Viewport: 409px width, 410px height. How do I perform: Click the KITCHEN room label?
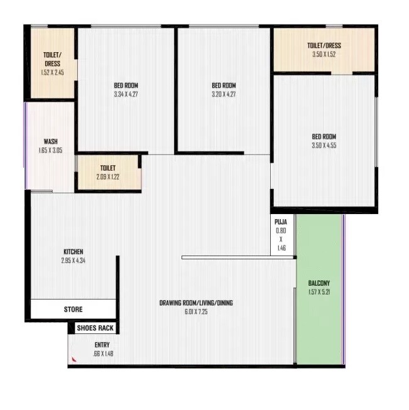pos(73,252)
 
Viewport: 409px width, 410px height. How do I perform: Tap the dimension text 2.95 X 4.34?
pos(73,260)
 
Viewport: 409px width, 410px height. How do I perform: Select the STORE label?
pos(73,310)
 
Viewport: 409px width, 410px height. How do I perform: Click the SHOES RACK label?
pos(95,328)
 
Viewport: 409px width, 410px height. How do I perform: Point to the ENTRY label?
pos(102,345)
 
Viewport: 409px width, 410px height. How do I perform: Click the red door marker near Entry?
pos(74,359)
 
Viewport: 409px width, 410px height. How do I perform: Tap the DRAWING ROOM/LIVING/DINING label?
pos(196,303)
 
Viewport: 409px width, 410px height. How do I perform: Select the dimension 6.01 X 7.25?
pos(196,311)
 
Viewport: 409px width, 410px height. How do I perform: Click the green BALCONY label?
pos(319,283)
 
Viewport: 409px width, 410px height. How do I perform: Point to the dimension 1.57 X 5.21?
pos(319,291)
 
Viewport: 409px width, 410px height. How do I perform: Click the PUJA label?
pos(281,222)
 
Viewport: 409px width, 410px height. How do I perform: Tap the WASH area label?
pos(50,141)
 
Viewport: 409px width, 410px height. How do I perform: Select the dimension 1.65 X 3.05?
pos(50,150)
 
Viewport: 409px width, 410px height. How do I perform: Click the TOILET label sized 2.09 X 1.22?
pos(107,168)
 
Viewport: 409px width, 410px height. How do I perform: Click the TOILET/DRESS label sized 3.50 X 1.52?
pos(324,46)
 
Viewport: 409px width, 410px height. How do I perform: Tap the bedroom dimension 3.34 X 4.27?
pos(126,94)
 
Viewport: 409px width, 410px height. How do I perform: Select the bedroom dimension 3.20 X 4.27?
pos(224,94)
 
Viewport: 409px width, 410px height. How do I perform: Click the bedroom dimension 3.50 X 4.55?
pos(324,146)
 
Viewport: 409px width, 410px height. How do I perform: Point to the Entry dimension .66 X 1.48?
pos(102,353)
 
